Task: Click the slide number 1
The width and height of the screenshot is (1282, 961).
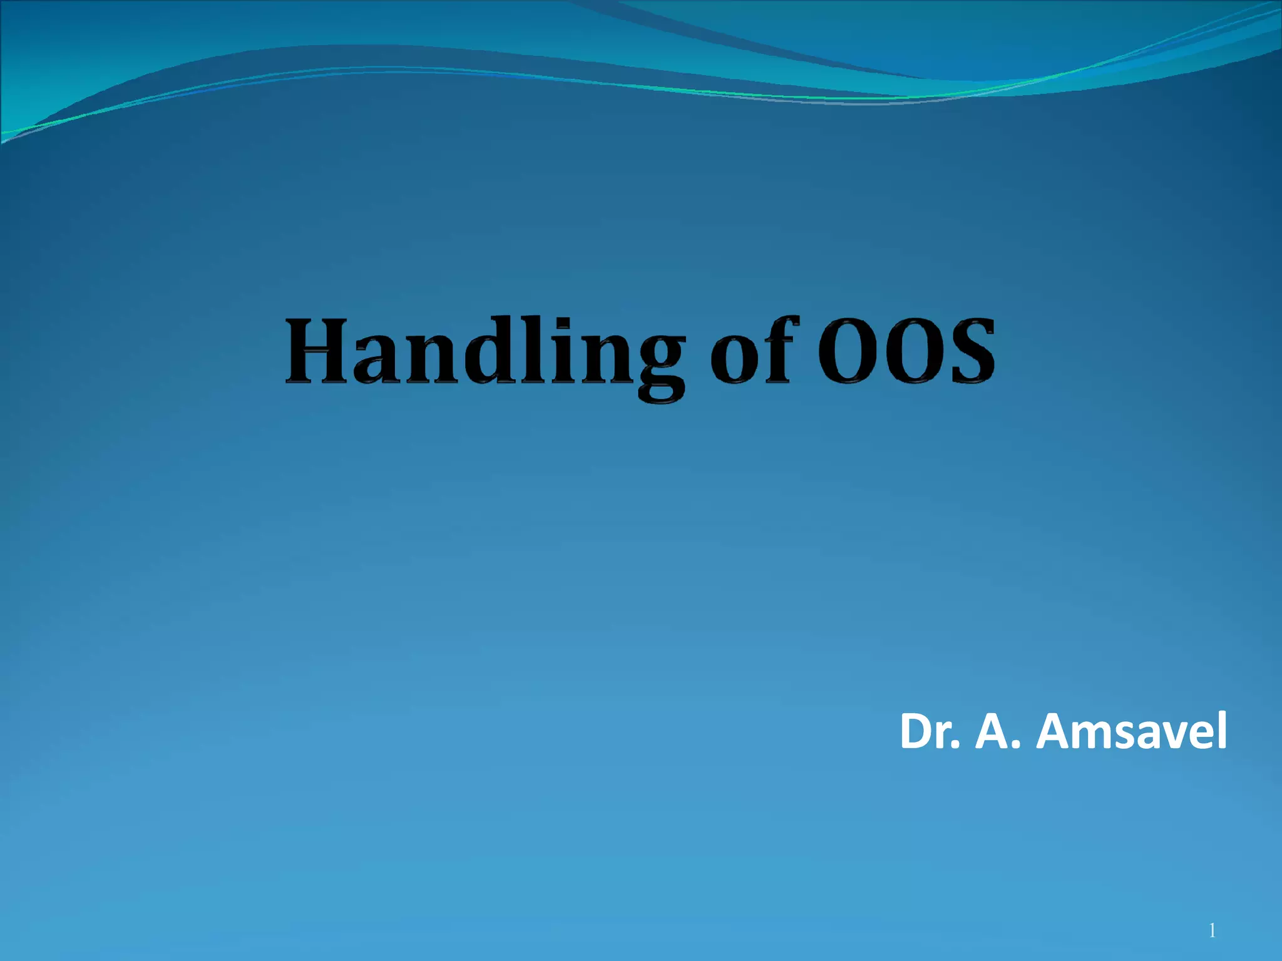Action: click(1213, 931)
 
